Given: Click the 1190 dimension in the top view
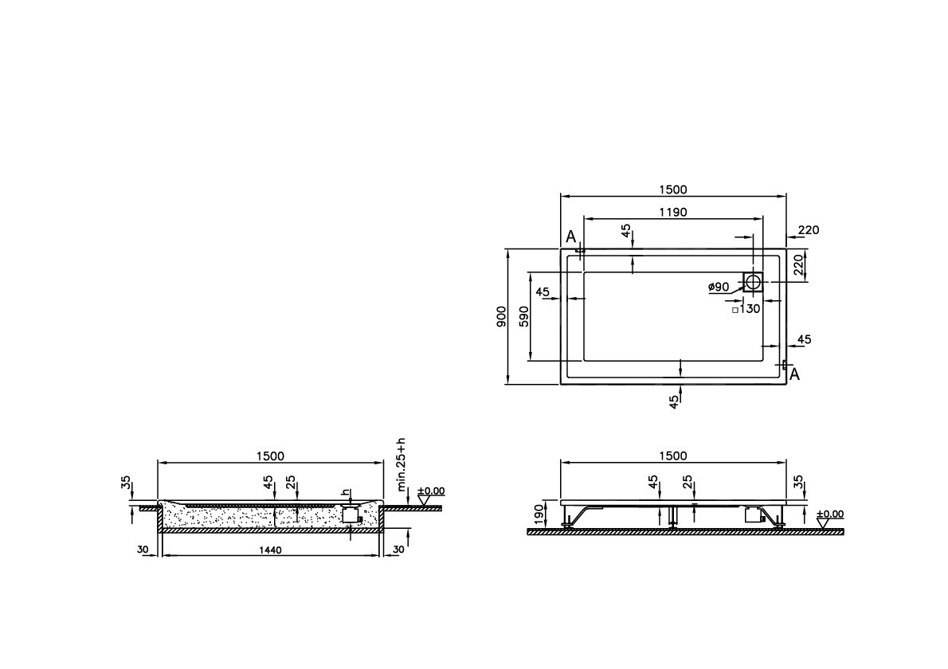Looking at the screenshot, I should pos(672,212).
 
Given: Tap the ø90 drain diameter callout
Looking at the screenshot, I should pos(719,287).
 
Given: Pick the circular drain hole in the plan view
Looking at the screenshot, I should pos(753,281).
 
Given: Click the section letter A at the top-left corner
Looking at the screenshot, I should pos(570,237).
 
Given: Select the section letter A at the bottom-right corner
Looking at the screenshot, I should pos(793,374).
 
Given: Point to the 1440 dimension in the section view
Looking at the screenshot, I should pos(271,550).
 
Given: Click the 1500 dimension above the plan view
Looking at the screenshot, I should pos(672,190).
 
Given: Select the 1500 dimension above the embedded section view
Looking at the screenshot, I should pos(271,456).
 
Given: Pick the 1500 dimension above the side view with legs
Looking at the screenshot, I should pos(672,456).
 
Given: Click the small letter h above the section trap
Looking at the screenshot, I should pos(345,491).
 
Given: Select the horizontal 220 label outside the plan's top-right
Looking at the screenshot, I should pos(808,230).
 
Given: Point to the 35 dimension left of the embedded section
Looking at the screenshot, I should pos(125,483).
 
